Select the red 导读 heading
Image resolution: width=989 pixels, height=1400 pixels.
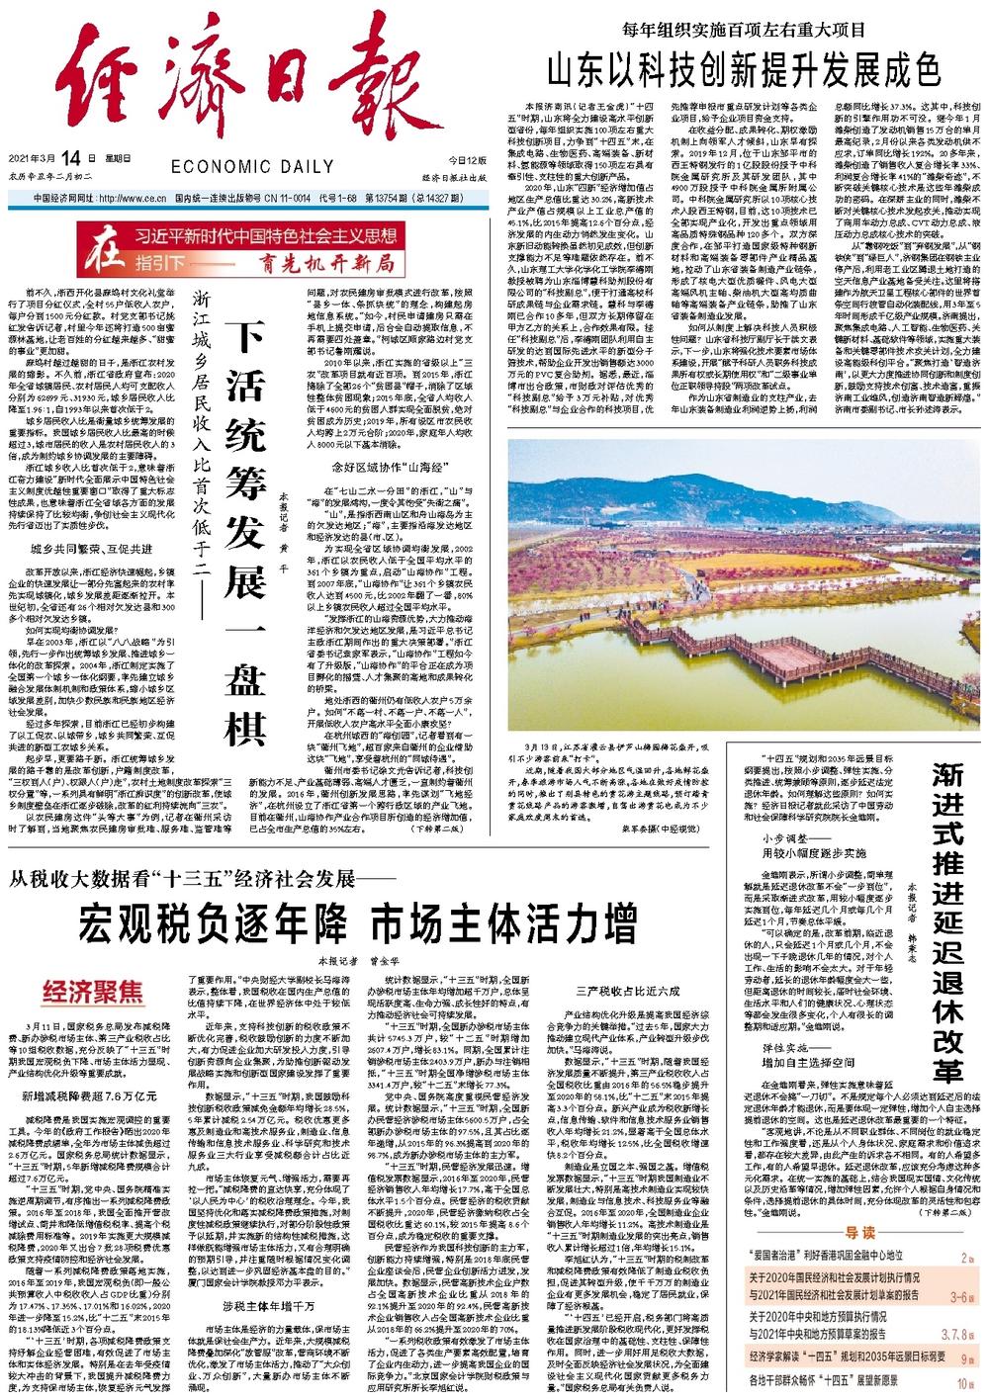tap(860, 1233)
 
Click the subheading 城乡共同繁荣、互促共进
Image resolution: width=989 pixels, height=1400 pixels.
tap(91, 549)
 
